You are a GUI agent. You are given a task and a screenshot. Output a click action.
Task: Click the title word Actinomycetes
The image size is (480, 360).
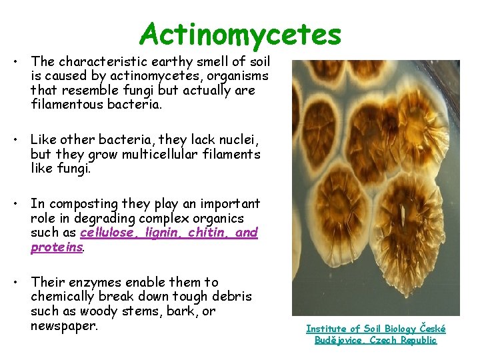240,34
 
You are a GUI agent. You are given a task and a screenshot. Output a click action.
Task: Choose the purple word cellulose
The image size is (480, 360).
106,233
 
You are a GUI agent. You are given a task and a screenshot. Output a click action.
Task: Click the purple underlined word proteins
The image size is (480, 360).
57,247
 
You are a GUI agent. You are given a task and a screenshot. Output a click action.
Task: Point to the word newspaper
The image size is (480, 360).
64,325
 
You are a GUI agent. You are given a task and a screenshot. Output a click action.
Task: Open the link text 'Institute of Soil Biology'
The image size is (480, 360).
360,328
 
